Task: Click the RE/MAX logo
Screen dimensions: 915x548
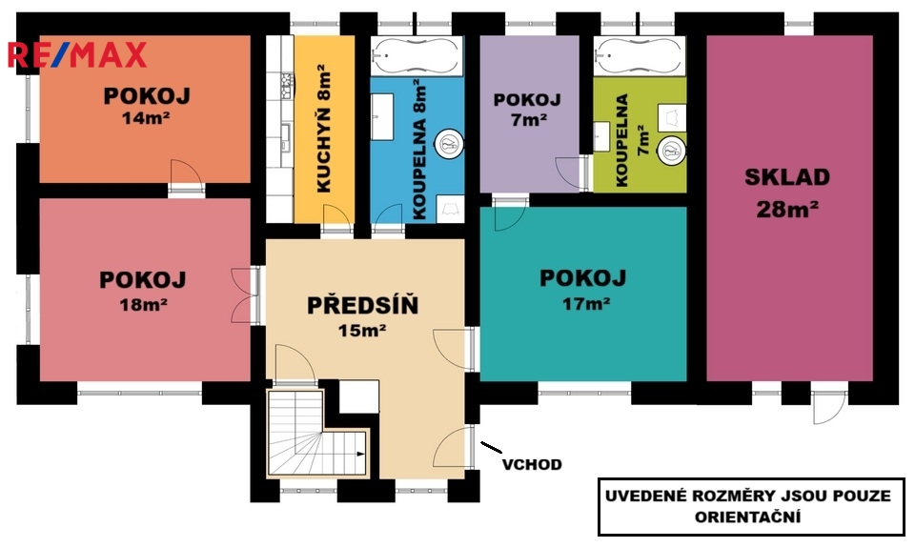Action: (76, 55)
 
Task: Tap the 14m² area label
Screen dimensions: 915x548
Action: (145, 118)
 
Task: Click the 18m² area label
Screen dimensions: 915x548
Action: (144, 304)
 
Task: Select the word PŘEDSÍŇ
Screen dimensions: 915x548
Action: (362, 305)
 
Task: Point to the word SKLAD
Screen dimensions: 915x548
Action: (787, 177)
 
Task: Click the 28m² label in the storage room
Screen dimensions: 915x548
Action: (787, 209)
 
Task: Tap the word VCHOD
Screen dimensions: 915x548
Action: (532, 464)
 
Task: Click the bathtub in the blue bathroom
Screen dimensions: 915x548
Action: (417, 56)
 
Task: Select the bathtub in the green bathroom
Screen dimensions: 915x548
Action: (640, 56)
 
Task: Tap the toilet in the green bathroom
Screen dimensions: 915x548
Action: (671, 151)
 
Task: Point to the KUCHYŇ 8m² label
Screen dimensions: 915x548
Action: (324, 130)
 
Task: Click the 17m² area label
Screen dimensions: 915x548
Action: (586, 303)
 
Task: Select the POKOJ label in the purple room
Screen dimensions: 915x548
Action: (527, 100)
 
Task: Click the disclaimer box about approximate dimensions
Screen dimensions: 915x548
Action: (752, 507)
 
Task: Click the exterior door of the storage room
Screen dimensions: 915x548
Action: (827, 407)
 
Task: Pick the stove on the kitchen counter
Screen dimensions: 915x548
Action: (287, 85)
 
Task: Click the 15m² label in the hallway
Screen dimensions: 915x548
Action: (362, 331)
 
